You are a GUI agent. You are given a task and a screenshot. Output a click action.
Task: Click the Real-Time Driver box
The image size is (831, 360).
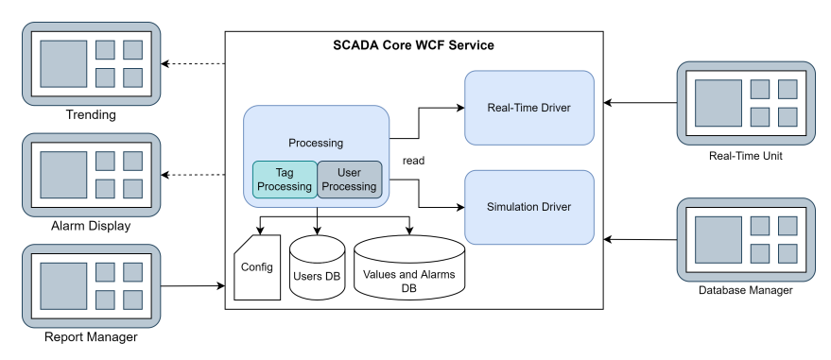point(529,107)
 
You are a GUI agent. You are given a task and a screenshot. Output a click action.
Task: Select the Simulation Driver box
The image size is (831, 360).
point(529,207)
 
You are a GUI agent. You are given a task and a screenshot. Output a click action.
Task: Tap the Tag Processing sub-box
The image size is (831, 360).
point(285,180)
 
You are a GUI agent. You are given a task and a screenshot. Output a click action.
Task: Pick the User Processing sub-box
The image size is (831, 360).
point(349,180)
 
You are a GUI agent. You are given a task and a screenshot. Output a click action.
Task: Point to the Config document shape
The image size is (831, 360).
point(257,268)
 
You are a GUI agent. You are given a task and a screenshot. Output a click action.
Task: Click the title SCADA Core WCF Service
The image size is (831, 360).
point(413,45)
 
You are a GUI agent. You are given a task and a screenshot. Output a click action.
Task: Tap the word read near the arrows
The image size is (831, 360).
point(413,161)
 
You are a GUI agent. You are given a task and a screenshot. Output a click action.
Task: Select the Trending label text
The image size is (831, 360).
point(91,115)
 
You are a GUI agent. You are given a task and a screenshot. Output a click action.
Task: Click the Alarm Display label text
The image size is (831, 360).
point(91,227)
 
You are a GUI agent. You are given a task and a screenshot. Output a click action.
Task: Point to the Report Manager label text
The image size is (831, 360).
point(91,337)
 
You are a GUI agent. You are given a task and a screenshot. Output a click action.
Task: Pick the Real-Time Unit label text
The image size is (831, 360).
point(746,155)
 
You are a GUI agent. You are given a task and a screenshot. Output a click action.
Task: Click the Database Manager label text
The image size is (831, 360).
point(746,290)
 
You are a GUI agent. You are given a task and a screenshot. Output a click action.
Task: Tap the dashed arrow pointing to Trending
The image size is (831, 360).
point(193,64)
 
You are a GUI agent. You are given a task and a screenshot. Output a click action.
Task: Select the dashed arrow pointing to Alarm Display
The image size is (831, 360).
point(193,175)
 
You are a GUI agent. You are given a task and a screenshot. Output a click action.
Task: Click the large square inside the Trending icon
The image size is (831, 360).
point(63,64)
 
